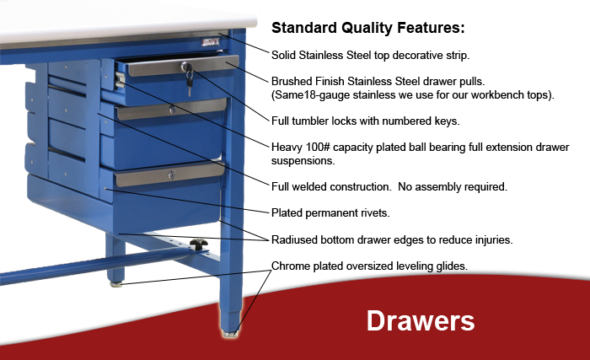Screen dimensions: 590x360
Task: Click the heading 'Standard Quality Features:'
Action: (368, 28)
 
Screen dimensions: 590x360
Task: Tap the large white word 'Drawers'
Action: (421, 321)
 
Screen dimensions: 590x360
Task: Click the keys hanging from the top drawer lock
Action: (190, 82)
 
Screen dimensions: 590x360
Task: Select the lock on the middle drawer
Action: (172, 110)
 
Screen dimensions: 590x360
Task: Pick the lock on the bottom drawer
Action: (171, 175)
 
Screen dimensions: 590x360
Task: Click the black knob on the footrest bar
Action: (199, 244)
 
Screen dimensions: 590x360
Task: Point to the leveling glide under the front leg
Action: (230, 334)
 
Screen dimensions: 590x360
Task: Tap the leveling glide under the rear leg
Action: (116, 284)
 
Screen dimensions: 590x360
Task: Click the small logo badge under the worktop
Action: (210, 42)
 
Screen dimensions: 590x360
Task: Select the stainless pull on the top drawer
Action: (183, 67)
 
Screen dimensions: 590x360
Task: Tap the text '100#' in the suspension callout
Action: (318, 147)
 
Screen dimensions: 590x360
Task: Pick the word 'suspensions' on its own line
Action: (303, 161)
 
